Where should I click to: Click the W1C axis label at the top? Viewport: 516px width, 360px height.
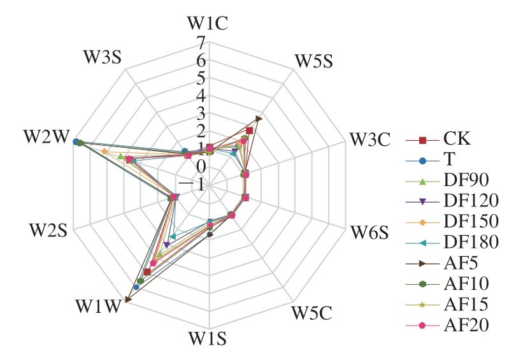point(207,24)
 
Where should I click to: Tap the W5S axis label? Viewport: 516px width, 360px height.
point(313,61)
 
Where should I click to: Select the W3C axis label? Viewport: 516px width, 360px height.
point(370,139)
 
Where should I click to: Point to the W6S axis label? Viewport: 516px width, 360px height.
point(369,233)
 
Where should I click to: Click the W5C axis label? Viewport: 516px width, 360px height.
point(312,313)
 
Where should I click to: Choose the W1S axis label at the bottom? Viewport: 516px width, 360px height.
point(207,338)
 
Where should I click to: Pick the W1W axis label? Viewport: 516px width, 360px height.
point(98,306)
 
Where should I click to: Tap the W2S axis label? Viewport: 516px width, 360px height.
point(48,230)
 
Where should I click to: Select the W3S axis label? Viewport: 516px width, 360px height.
point(103,57)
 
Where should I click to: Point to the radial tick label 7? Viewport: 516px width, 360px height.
point(201,43)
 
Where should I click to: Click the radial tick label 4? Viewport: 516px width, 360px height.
point(201,96)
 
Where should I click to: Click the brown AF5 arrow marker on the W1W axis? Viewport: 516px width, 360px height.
point(128,299)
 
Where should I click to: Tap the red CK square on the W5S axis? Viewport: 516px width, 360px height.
point(250,131)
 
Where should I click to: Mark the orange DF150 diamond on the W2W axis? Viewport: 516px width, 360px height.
point(104,152)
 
